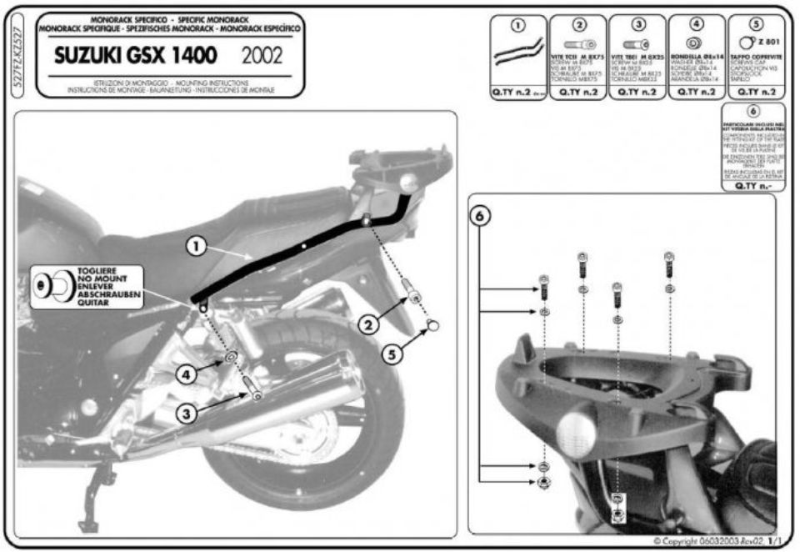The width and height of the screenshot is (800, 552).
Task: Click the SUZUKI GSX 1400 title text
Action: click(x=135, y=57)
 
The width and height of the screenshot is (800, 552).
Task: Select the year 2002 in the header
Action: click(x=261, y=57)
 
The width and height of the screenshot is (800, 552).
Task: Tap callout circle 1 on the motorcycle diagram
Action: click(x=195, y=246)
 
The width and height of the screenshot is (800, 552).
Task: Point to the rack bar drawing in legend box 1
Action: click(x=517, y=55)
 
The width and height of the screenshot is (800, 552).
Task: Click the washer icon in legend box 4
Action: click(x=694, y=43)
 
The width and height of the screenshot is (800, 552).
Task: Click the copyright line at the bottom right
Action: click(x=716, y=541)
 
